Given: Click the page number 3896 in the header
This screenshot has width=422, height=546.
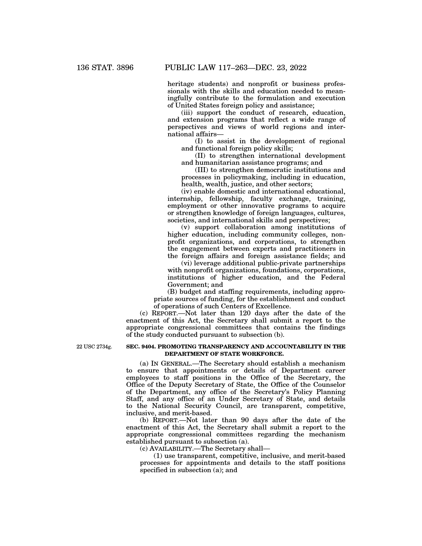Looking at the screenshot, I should coord(123,68).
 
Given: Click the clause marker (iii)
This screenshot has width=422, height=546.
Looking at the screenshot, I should coord(187,113).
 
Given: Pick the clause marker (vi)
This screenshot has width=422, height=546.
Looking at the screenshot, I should coord(187,263).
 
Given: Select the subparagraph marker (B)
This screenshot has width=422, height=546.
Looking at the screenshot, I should coord(172,292).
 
